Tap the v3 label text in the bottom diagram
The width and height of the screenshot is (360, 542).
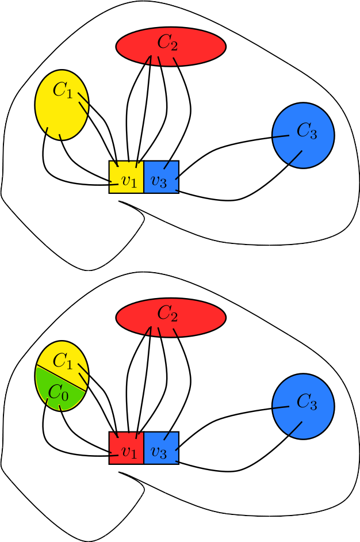[x=158, y=452]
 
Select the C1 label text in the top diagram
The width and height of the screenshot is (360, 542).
[x=63, y=90]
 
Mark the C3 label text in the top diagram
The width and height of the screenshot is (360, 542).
[x=307, y=132]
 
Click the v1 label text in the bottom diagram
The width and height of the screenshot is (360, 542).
[x=129, y=452]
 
